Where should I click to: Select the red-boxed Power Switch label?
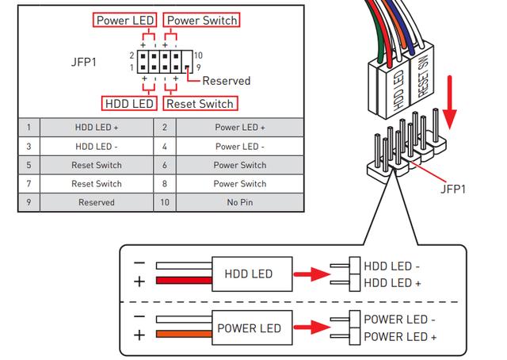(x=202, y=20)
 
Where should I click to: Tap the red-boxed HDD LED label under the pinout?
(x=129, y=103)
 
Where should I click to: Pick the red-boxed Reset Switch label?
(x=199, y=103)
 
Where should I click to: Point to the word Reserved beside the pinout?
(x=226, y=80)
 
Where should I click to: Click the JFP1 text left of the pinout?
(x=85, y=61)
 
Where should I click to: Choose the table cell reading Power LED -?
(x=239, y=146)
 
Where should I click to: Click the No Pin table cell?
(x=239, y=202)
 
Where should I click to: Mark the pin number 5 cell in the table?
(x=29, y=165)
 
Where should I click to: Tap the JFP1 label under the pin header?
(x=453, y=189)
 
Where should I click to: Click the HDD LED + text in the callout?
(x=392, y=283)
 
